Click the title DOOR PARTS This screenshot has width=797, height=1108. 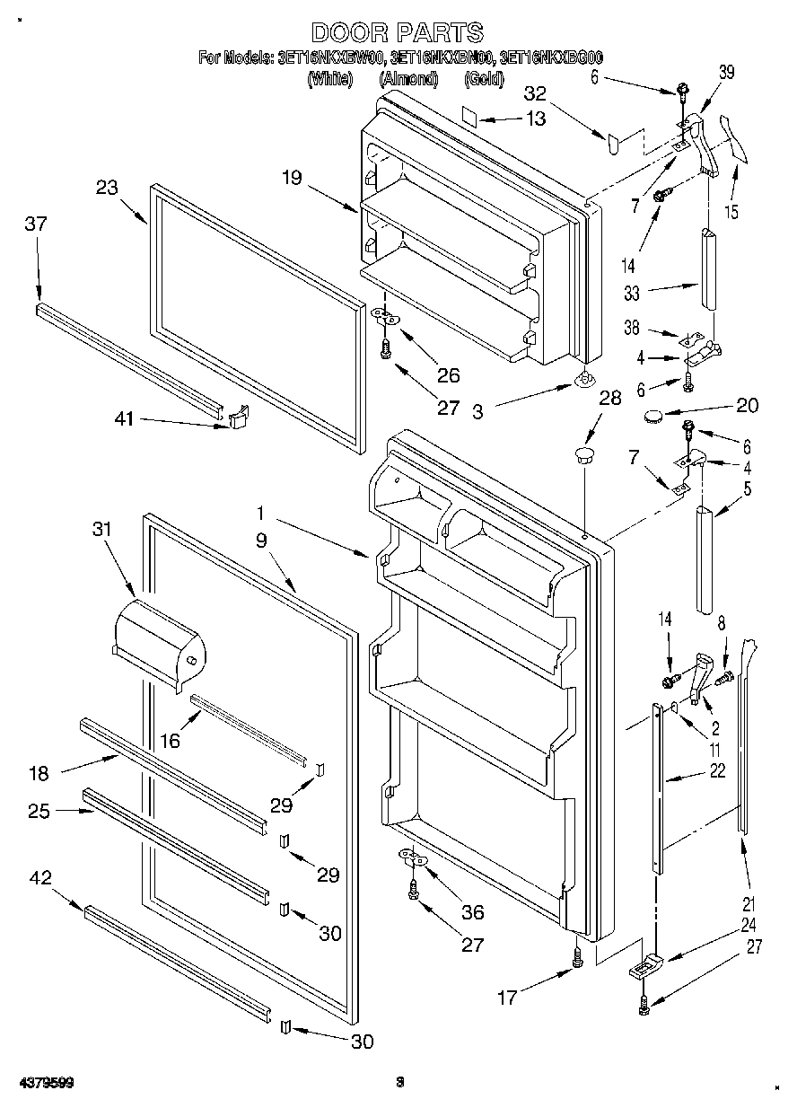[x=397, y=33]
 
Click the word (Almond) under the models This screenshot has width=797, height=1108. [x=407, y=79]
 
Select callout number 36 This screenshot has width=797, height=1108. [x=472, y=912]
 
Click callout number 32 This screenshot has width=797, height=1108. [x=535, y=93]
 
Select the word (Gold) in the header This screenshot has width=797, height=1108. [x=483, y=79]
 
